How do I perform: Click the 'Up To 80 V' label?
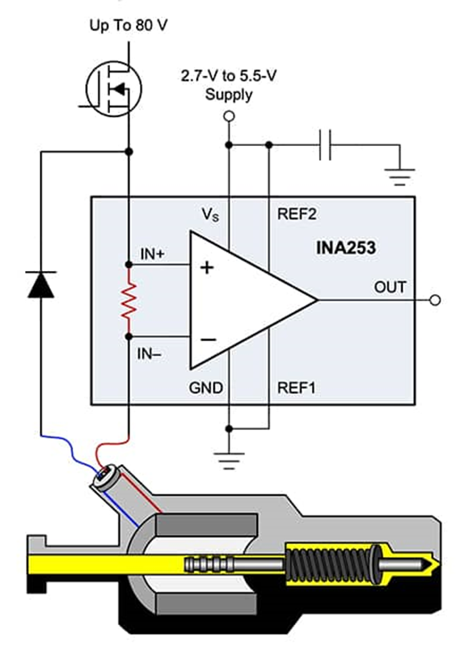pyautogui.click(x=128, y=26)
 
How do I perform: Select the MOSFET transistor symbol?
pyautogui.click(x=113, y=89)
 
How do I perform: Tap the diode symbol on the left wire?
pyautogui.click(x=41, y=284)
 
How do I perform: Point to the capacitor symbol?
pyautogui.click(x=325, y=145)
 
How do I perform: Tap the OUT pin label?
pyautogui.click(x=390, y=287)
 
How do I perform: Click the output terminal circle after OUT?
pyautogui.click(x=435, y=300)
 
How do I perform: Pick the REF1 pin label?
pyautogui.click(x=297, y=388)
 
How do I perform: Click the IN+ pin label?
pyautogui.click(x=153, y=254)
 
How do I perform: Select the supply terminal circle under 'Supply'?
pyautogui.click(x=229, y=117)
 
